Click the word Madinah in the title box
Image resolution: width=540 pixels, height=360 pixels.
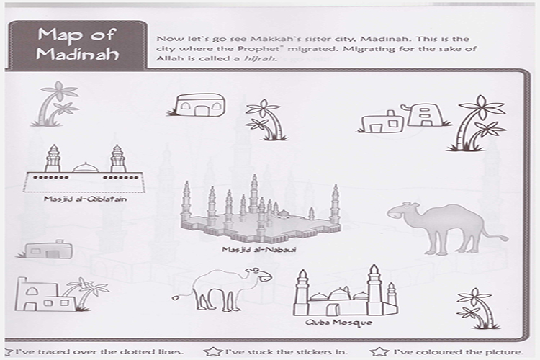point(77,55)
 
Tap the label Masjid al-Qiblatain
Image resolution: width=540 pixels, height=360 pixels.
point(85,199)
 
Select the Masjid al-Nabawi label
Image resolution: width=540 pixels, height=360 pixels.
point(259,249)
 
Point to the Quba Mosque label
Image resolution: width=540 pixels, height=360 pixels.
point(338,323)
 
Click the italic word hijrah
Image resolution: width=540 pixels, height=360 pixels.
point(259,58)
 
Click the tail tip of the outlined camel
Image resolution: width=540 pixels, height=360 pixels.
point(176,297)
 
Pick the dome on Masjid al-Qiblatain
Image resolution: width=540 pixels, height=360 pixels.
point(86,168)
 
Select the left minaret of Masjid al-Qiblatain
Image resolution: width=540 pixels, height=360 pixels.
point(53,158)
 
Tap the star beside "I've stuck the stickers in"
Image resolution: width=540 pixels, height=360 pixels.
point(212,351)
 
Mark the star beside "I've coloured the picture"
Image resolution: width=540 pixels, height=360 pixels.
point(379,351)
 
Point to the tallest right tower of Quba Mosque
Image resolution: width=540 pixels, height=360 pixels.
point(374,289)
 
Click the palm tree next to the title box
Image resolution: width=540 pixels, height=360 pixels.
point(56,104)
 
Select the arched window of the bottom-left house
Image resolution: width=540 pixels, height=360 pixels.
point(32,292)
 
